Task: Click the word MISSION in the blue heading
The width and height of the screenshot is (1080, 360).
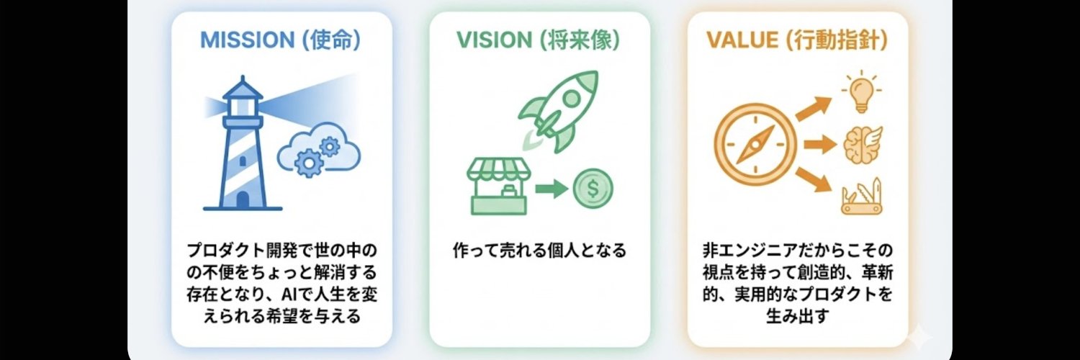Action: click(247, 40)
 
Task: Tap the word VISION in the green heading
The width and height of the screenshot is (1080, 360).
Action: click(494, 40)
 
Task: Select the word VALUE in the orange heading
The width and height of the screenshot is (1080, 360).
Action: click(742, 40)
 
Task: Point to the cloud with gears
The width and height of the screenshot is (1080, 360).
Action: click(318, 149)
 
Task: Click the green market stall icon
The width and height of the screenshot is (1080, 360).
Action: click(498, 186)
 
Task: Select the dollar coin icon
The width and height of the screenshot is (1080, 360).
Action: click(593, 189)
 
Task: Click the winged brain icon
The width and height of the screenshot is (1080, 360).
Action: click(863, 144)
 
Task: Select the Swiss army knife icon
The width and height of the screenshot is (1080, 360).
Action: click(862, 197)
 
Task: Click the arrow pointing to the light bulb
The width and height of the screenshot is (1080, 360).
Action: click(814, 108)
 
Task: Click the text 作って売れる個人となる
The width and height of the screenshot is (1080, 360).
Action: click(539, 251)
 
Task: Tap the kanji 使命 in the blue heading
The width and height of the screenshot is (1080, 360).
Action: click(330, 40)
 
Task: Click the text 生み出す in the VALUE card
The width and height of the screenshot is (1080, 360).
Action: click(798, 317)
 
